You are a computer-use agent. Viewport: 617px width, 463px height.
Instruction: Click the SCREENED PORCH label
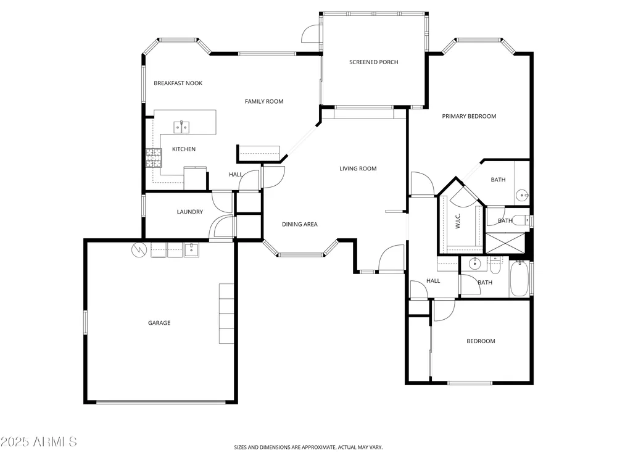(373, 62)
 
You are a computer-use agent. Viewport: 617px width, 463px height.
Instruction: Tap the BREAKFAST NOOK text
(178, 83)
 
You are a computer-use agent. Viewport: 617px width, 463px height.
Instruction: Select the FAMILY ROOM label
(264, 101)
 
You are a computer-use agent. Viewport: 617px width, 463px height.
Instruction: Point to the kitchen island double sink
(181, 127)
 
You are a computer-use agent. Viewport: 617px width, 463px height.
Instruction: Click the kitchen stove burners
(154, 158)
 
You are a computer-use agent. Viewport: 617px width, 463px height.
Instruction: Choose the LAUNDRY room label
(189, 211)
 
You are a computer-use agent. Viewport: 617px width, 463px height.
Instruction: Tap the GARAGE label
(159, 322)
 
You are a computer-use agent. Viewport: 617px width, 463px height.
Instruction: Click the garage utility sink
(192, 249)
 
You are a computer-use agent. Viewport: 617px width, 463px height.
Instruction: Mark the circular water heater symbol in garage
(139, 249)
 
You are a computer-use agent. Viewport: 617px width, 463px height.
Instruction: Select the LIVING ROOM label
(358, 169)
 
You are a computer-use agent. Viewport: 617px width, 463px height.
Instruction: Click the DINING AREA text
(299, 224)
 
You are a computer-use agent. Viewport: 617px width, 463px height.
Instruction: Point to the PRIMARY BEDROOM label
(469, 116)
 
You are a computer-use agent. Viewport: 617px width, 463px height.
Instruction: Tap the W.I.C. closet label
(458, 221)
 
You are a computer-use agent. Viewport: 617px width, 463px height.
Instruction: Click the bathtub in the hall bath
(519, 278)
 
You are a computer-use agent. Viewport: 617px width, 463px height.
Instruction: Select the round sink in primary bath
(523, 195)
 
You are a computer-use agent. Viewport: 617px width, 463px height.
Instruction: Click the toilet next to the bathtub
(495, 265)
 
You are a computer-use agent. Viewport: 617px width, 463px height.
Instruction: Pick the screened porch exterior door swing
(311, 34)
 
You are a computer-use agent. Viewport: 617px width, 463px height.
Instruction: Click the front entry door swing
(391, 258)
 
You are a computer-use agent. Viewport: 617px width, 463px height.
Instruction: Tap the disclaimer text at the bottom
(308, 447)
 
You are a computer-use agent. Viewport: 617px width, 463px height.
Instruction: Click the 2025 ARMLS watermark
(38, 442)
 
